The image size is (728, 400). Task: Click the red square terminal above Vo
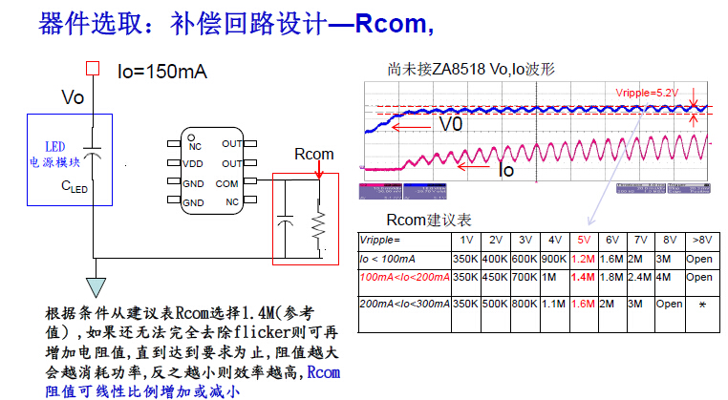[x=93, y=69]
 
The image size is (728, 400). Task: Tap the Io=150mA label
[x=161, y=72]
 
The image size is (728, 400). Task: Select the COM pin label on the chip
[x=227, y=182]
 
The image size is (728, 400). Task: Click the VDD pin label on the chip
[x=193, y=163]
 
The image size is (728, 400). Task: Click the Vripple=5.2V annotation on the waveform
[x=647, y=93]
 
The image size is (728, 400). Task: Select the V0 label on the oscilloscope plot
[x=450, y=124]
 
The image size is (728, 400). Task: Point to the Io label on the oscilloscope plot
[x=507, y=169]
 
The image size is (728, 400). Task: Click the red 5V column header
[x=582, y=240]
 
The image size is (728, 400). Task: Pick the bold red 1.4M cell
[x=582, y=277]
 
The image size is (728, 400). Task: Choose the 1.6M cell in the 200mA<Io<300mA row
[x=582, y=305]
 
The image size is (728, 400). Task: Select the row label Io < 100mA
[x=391, y=259]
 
